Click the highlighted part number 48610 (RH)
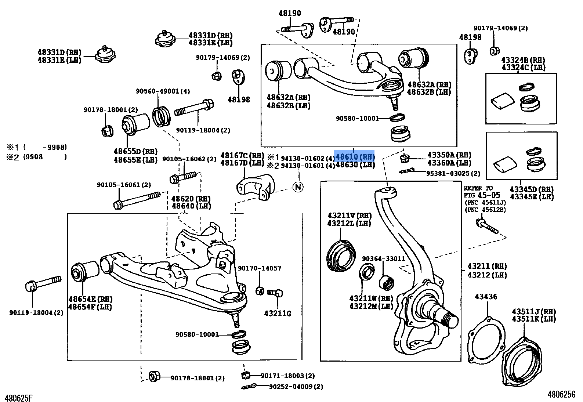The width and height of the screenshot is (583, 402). point(355,157)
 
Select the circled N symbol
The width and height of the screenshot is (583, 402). point(298,187)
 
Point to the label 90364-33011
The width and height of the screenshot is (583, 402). point(383,258)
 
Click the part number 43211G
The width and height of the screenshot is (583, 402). point(278,313)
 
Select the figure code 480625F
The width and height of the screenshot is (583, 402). point(18,398)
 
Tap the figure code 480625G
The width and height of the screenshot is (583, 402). point(561,394)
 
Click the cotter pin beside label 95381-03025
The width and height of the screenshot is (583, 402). point(407,171)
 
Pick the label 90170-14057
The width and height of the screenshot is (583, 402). point(259,268)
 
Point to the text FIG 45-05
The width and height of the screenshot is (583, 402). point(482,195)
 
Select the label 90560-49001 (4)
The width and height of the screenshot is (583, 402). point(163,91)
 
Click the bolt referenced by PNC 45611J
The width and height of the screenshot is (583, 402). point(486,226)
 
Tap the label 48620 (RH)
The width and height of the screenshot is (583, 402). point(191,199)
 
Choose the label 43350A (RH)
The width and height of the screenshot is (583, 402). point(449,155)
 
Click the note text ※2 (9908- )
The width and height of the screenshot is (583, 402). point(37,157)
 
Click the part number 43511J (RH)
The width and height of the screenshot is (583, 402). point(533,311)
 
